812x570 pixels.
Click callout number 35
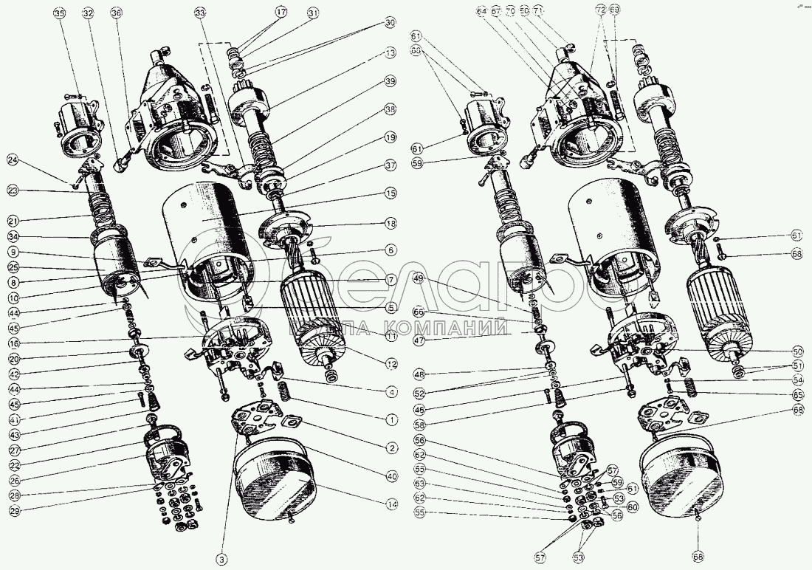[59, 13]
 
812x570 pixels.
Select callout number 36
[116, 13]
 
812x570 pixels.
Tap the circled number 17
[281, 13]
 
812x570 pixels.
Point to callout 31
[313, 13]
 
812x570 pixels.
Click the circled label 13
[390, 53]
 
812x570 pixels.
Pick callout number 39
[390, 80]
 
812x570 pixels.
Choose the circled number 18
[390, 223]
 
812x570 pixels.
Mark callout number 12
[390, 363]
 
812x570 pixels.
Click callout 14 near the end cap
[390, 504]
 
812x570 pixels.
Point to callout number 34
[13, 237]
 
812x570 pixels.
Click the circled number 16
[13, 343]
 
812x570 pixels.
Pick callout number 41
[13, 419]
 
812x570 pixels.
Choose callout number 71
[558, 12]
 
